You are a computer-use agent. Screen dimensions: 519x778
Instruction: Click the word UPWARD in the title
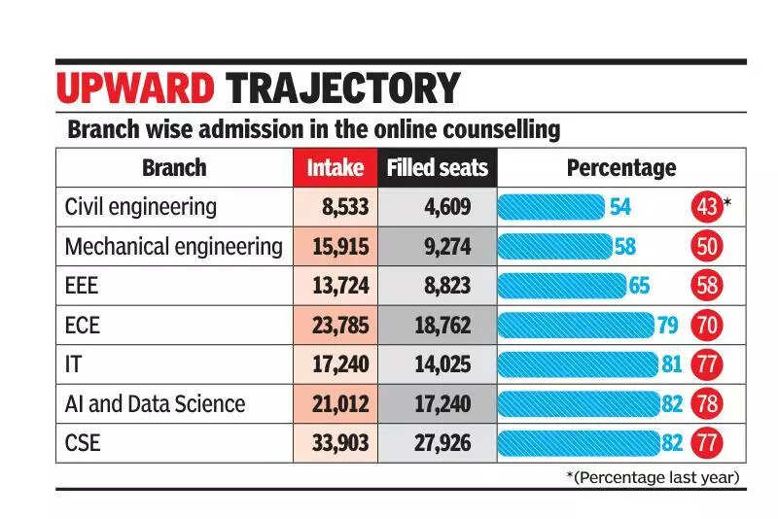[x=136, y=88]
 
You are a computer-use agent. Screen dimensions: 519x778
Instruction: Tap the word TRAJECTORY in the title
[x=342, y=88]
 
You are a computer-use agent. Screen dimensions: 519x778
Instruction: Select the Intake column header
[x=335, y=167]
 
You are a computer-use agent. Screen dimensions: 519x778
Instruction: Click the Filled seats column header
[x=437, y=167]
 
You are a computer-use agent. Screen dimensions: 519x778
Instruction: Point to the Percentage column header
[x=620, y=167]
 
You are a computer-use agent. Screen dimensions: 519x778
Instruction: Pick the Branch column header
[x=174, y=167]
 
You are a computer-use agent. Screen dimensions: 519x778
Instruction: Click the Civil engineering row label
[x=140, y=207]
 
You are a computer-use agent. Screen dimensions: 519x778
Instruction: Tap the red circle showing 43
[x=706, y=207]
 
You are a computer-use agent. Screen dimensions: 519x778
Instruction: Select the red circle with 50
[x=707, y=247]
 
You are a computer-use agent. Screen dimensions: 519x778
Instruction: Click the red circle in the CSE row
[x=706, y=444]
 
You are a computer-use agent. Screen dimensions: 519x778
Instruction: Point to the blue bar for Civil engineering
[x=551, y=207]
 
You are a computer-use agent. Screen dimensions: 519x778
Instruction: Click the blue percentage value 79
[x=667, y=326]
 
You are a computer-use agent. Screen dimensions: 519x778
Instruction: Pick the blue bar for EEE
[x=562, y=286]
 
